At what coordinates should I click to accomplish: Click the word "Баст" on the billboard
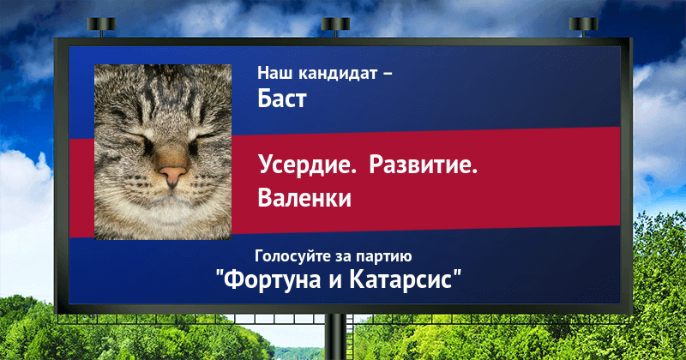282,98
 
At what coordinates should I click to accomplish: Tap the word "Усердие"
307,165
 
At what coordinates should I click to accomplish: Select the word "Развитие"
423,165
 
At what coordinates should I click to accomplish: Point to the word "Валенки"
304,197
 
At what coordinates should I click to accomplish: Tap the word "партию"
383,257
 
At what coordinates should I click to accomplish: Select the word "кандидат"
338,73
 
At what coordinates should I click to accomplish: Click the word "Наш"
275,73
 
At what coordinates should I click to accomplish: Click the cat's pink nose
172,175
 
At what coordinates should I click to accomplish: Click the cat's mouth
172,198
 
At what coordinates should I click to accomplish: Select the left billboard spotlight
101,27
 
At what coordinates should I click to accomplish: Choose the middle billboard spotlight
335,27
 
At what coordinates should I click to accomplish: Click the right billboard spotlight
583,27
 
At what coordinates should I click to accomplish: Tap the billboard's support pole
335,337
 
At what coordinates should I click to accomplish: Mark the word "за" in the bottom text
341,257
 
